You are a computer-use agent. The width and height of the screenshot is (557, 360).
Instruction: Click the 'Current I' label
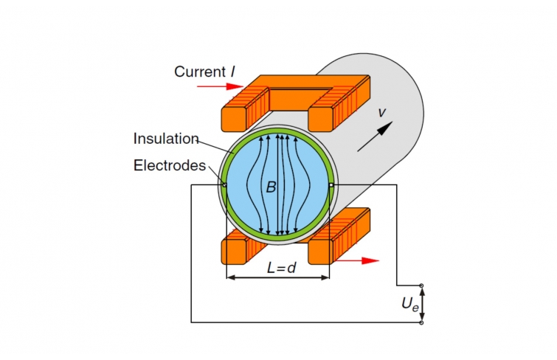(x=204, y=72)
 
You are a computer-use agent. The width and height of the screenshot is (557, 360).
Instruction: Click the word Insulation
(x=167, y=138)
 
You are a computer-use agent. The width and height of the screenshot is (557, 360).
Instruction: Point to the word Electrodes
(x=170, y=166)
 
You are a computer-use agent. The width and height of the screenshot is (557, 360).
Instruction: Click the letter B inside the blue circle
(x=271, y=188)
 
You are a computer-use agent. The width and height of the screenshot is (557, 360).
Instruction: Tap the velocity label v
(x=382, y=112)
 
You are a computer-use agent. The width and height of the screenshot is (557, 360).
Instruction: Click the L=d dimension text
(x=281, y=268)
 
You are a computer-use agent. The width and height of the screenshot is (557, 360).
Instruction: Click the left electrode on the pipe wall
(x=224, y=185)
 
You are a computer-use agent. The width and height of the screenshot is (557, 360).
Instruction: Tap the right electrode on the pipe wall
(x=331, y=184)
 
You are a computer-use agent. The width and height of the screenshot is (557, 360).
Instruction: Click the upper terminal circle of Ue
(x=421, y=285)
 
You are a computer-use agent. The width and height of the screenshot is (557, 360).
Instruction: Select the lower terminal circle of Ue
(x=421, y=322)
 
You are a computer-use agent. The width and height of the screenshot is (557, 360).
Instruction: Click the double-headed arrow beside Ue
(x=422, y=304)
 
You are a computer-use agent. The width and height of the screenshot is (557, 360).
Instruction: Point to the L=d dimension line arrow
(x=277, y=278)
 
